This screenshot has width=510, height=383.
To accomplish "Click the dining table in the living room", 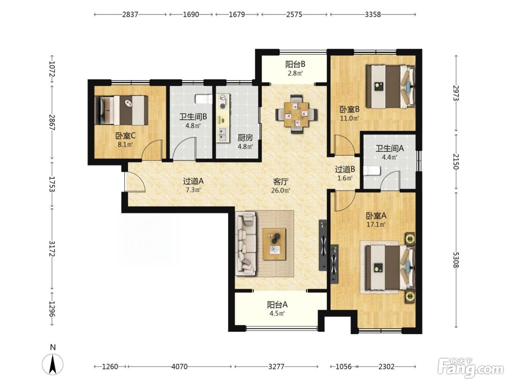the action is [297, 114].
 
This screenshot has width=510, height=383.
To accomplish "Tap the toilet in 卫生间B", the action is [204, 99].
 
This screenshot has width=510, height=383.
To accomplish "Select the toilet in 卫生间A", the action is [372, 171].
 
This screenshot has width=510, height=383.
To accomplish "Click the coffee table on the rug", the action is [274, 244].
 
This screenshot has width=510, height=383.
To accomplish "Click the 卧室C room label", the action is [125, 136].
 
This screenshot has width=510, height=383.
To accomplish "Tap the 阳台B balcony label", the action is [295, 64].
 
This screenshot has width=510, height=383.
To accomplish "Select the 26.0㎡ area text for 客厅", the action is [280, 190].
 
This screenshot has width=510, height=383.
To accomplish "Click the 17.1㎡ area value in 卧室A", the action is [376, 224].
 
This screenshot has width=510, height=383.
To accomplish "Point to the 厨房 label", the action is [245, 138].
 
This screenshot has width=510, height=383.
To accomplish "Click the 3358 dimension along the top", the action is [373, 15].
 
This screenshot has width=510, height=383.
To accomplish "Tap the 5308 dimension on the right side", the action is [456, 260].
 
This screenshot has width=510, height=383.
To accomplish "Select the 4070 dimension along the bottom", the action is [179, 367].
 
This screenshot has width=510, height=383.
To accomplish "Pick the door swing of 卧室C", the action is [152, 150].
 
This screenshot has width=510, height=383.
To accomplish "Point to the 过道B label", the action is [345, 169].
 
